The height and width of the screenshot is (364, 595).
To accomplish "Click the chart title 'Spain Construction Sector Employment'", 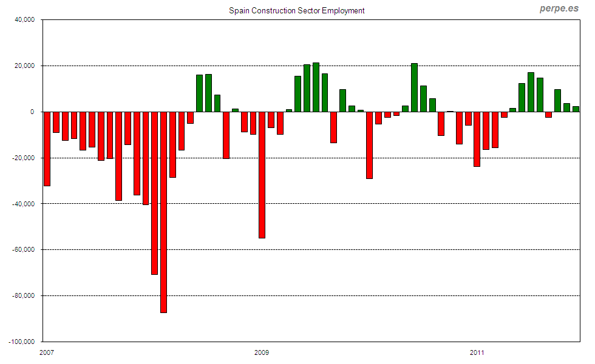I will [296, 11].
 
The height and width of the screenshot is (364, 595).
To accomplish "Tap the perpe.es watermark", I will [559, 8].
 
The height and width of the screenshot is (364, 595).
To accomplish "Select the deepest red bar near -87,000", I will [163, 212].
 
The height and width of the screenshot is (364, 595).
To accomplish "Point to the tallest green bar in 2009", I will [316, 87].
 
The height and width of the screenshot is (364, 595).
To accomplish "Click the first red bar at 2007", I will [47, 149].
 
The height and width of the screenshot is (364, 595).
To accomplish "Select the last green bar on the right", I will [576, 109].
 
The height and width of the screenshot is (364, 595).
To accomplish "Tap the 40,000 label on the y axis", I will [24, 20].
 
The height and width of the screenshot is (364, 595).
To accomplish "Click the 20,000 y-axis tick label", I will [24, 66].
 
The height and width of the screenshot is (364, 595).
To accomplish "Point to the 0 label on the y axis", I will [33, 112].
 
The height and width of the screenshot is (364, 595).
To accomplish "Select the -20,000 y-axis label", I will [23, 158].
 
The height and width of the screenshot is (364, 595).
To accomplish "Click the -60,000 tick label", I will [23, 250].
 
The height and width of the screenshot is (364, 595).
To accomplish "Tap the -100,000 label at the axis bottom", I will [21, 342].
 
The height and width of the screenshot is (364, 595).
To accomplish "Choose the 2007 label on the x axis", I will [47, 352].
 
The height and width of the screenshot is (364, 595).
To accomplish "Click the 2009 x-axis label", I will [262, 352].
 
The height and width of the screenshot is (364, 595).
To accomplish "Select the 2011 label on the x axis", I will [477, 352].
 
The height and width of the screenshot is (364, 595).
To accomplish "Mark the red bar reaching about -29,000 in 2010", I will [369, 145].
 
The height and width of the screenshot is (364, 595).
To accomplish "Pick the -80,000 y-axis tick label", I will [23, 296].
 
